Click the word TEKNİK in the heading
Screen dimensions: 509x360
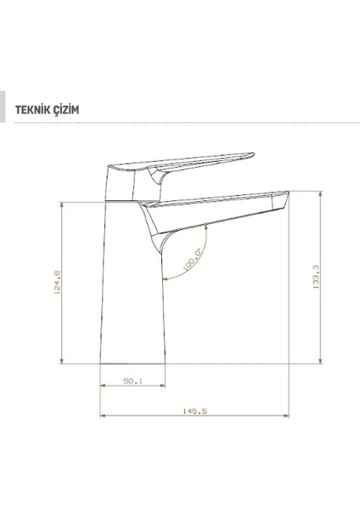pyautogui.click(x=33, y=109)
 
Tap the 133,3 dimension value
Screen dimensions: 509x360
pyautogui.click(x=315, y=277)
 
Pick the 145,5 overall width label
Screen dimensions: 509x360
pyautogui.click(x=188, y=411)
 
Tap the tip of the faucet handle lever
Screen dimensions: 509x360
pyautogui.click(x=251, y=154)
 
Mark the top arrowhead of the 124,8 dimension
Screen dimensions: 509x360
pyautogui.click(x=65, y=206)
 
